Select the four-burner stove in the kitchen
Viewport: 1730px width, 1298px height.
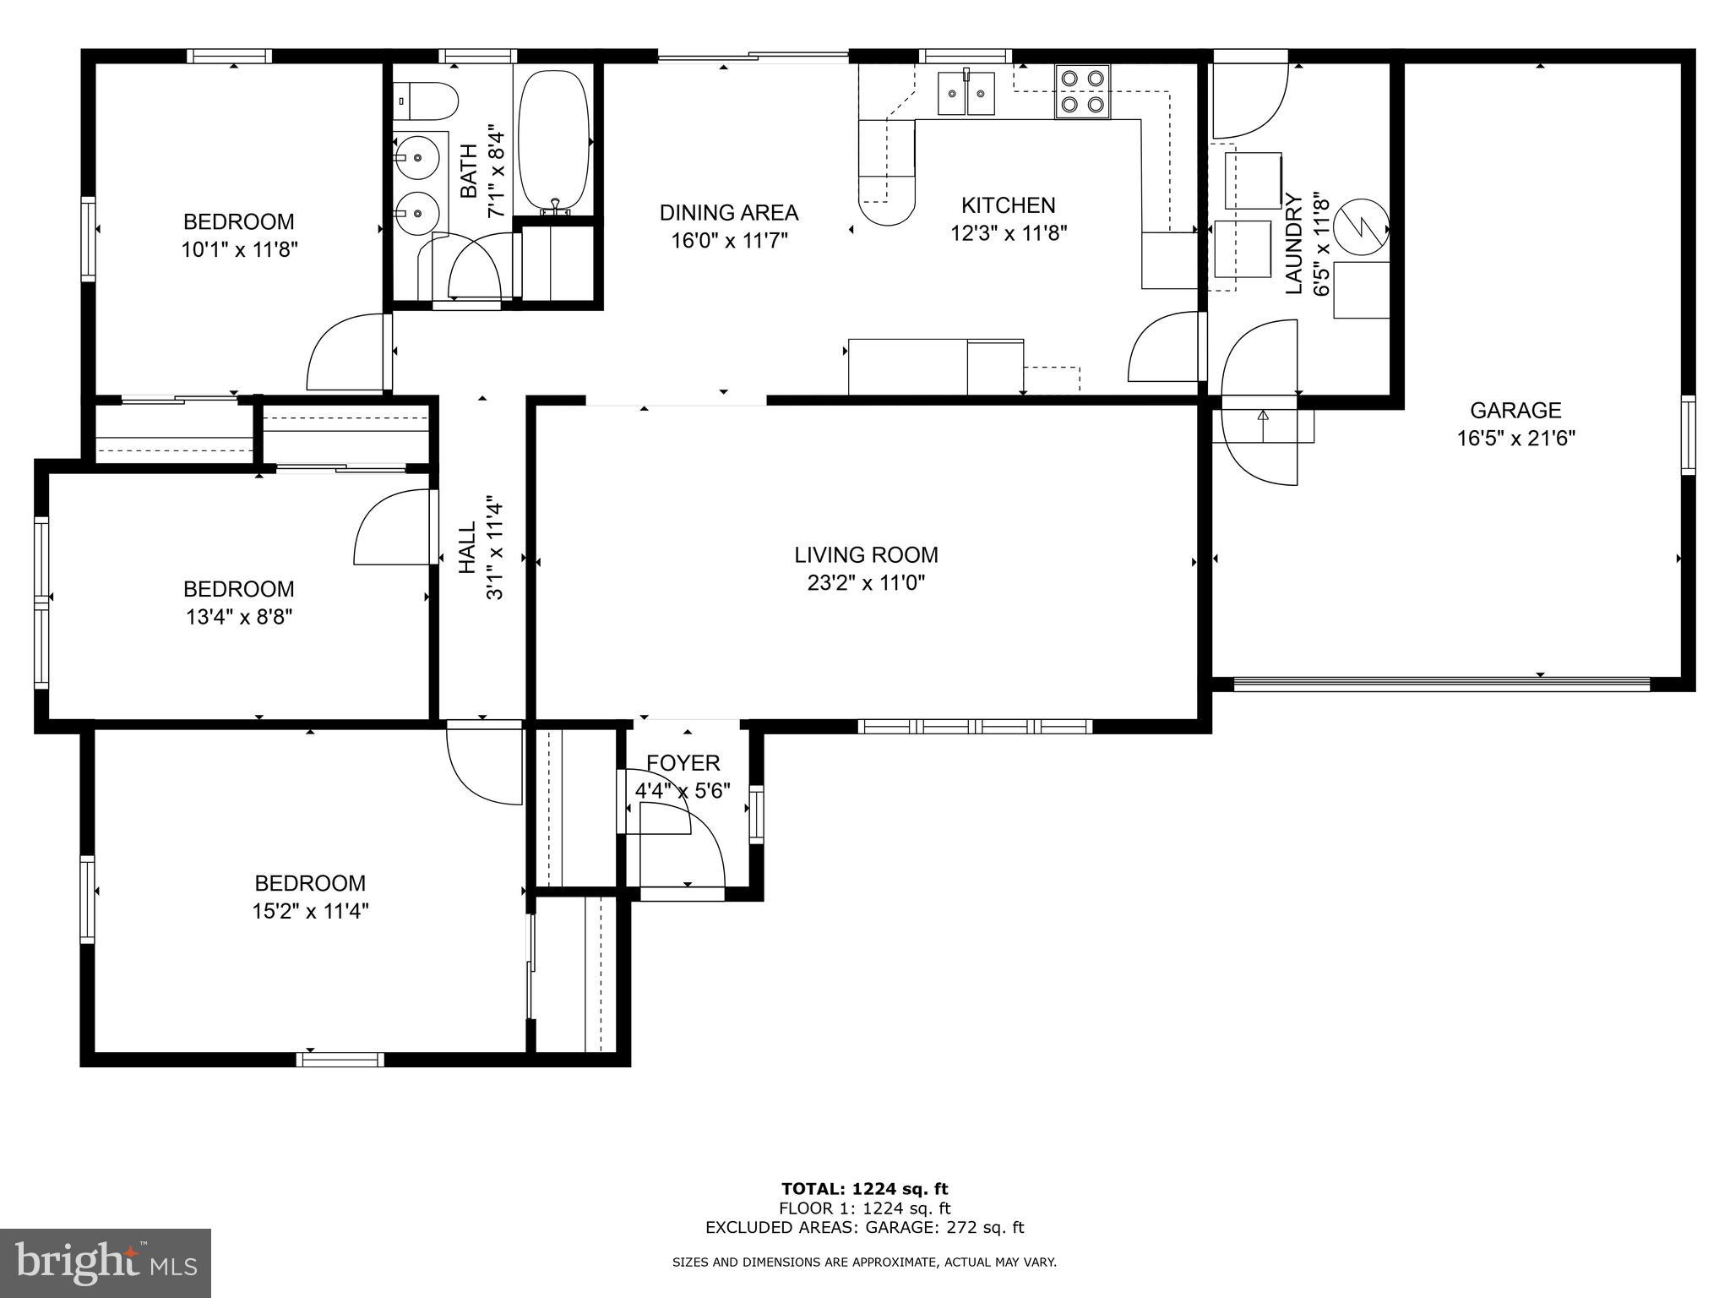[x=1082, y=91]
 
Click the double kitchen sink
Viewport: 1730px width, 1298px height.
[x=966, y=93]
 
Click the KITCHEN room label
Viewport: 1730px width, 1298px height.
[x=1008, y=205]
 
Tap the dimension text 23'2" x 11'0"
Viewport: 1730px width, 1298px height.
[x=866, y=583]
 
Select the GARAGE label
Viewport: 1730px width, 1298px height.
[x=1515, y=411]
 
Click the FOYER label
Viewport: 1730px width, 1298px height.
[x=683, y=763]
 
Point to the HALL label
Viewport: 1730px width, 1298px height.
[x=468, y=548]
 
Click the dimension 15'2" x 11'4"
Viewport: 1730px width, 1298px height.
[x=310, y=912]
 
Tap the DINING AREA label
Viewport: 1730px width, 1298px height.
[x=728, y=213]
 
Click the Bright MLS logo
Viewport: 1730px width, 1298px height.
[x=106, y=1263]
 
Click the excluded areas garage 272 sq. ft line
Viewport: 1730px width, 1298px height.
[x=864, y=1228]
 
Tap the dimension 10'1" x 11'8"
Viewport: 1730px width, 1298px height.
[x=239, y=250]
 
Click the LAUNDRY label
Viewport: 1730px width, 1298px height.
[x=1293, y=244]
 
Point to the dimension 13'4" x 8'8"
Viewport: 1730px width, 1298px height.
[x=239, y=618]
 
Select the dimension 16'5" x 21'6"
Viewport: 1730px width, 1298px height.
[x=1515, y=439]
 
